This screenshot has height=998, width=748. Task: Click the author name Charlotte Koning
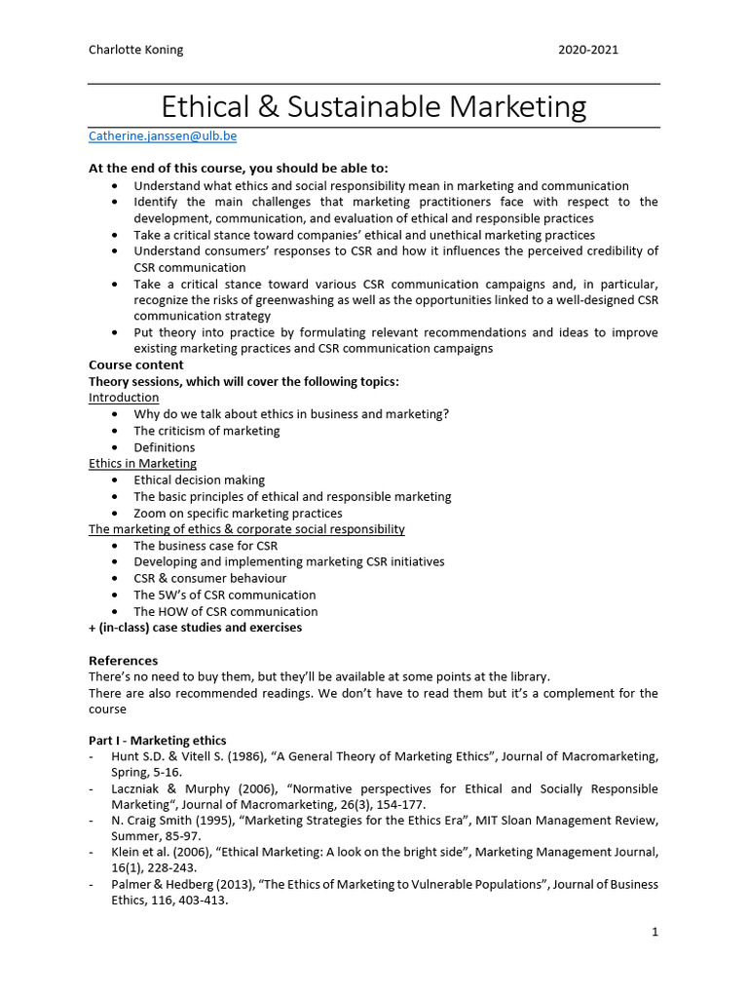(136, 50)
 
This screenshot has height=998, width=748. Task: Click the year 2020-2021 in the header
(589, 50)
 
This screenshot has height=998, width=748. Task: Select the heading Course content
(131, 365)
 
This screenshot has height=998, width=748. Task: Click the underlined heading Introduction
(124, 398)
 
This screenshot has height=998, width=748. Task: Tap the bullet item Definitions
(164, 447)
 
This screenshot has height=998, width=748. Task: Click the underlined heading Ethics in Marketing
(142, 463)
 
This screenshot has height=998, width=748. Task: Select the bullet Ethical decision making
(199, 480)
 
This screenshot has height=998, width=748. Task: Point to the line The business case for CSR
(206, 546)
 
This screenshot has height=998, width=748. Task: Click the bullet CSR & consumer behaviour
(209, 578)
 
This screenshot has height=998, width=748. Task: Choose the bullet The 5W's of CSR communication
(224, 595)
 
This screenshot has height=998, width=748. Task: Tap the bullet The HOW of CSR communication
(225, 611)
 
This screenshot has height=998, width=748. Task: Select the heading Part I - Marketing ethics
(157, 741)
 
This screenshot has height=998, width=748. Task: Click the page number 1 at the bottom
(655, 932)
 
